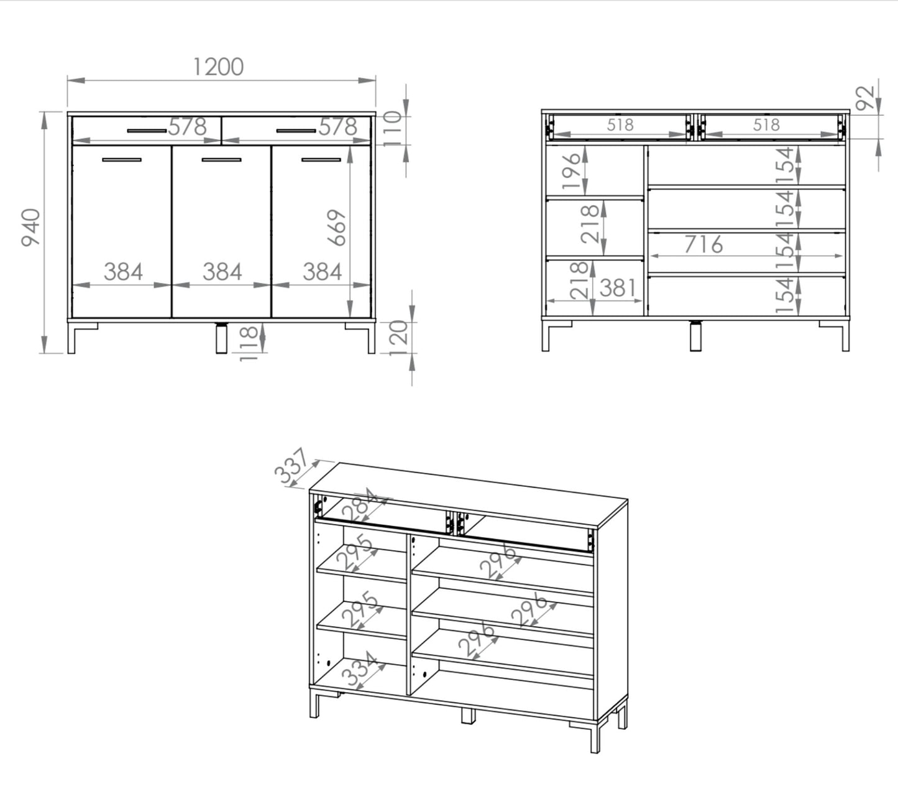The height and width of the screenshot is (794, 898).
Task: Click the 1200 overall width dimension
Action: [219, 67]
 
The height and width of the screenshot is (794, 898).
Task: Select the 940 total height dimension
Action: [31, 228]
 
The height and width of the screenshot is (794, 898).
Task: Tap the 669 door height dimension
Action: [336, 228]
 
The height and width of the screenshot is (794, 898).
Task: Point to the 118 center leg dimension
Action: [248, 343]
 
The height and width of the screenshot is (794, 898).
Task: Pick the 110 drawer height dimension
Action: [392, 129]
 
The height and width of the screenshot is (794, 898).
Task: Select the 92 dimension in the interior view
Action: [865, 98]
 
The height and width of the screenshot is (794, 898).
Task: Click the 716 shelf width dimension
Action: [703, 244]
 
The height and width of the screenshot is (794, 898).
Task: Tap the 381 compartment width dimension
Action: [618, 288]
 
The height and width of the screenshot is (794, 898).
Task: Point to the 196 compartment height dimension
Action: [571, 171]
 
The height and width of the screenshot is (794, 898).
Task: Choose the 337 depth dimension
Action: [291, 466]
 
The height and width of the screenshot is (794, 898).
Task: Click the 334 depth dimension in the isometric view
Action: [360, 668]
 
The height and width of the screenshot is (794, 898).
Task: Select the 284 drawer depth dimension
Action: [359, 505]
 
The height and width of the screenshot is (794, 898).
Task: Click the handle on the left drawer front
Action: [147, 131]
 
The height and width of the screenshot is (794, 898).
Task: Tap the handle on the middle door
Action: [221, 160]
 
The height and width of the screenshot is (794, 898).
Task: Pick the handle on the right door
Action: [321, 160]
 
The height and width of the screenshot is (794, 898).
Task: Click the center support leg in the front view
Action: [221, 338]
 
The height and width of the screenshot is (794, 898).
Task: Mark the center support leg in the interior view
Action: [695, 336]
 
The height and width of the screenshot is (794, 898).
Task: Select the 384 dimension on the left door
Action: [123, 272]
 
